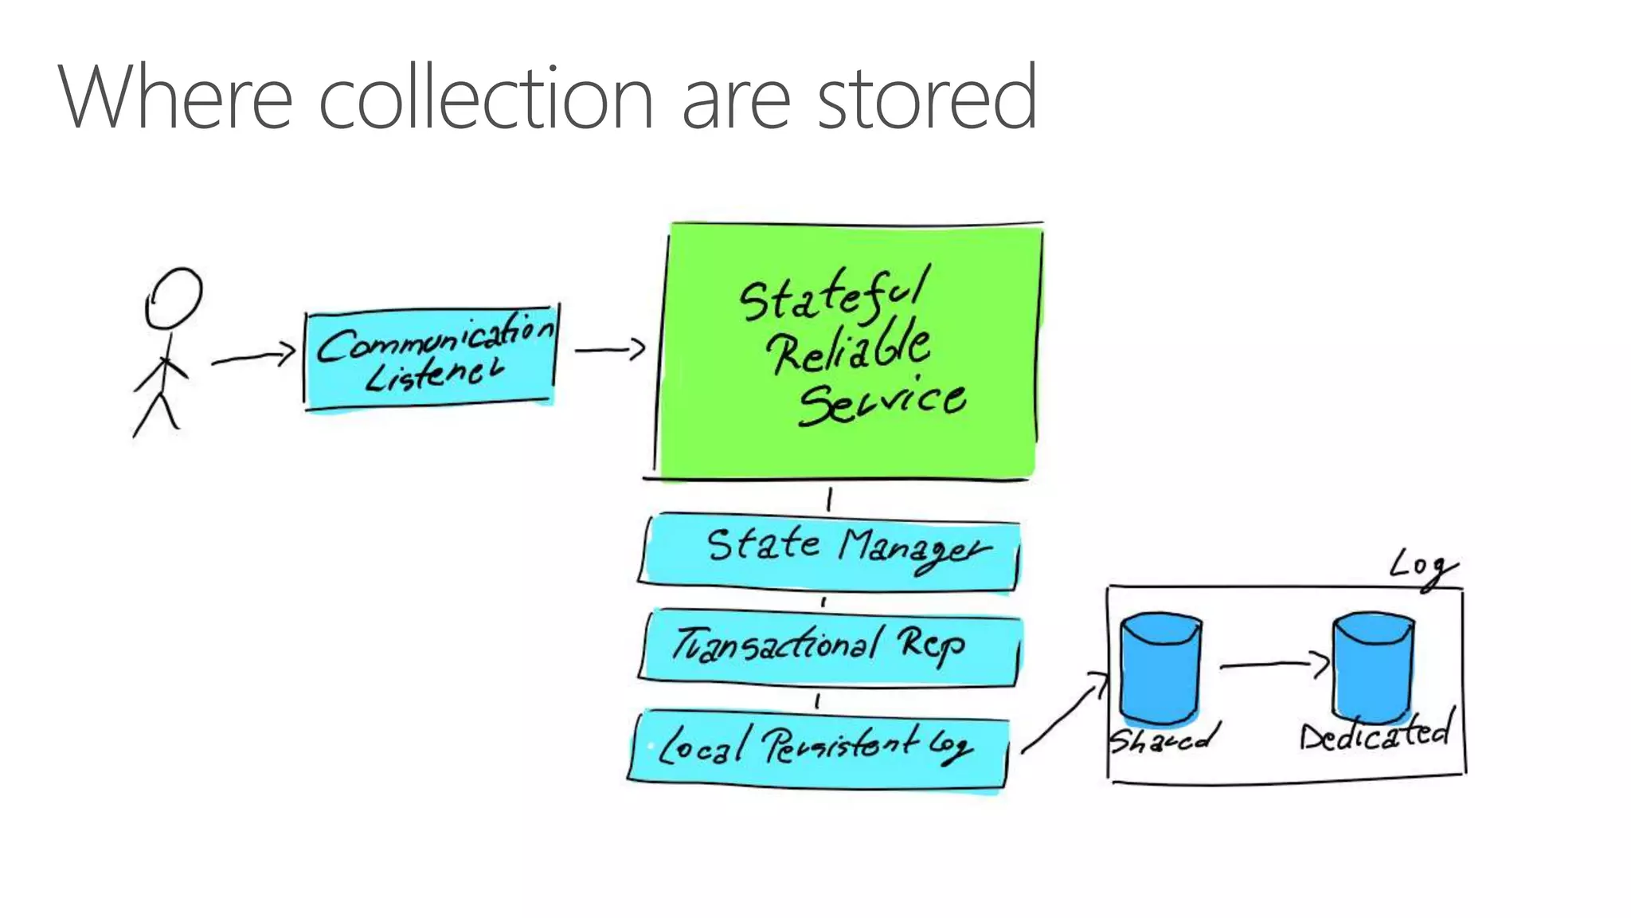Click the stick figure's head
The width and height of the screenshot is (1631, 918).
(173, 298)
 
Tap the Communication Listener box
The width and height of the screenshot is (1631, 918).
(430, 358)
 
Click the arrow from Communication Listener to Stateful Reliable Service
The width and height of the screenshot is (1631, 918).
(610, 349)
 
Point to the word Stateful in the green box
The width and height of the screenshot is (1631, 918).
(833, 293)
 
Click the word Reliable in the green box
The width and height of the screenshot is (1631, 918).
(848, 349)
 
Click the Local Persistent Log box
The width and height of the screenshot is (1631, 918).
(818, 749)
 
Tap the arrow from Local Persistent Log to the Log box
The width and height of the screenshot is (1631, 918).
(1063, 713)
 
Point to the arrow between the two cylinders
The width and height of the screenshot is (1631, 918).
(1273, 663)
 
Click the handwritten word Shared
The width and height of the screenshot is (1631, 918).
(1163, 739)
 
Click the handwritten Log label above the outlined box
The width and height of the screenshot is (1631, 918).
(1422, 567)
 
